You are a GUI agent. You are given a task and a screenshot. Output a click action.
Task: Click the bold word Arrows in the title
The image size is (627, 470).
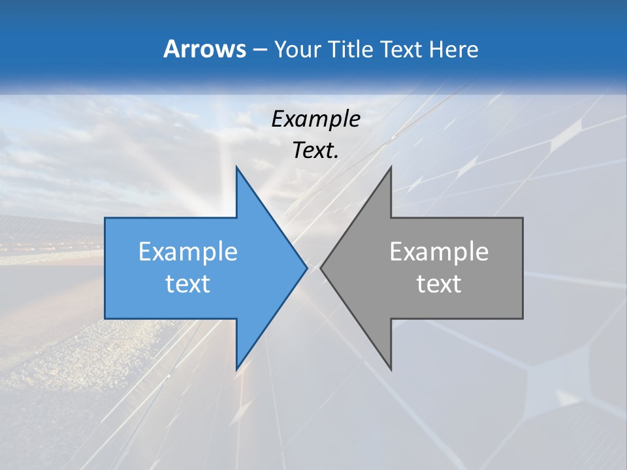tap(204, 49)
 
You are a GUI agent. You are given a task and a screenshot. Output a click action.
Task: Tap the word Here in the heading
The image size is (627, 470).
tap(453, 50)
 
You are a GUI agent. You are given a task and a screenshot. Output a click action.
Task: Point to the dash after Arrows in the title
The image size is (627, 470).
tap(259, 50)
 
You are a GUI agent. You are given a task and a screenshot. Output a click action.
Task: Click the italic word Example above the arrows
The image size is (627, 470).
tap(316, 119)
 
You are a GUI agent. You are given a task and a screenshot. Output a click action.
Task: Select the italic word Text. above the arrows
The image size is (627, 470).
tap(316, 151)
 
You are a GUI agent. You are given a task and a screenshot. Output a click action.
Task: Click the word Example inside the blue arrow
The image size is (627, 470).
tap(188, 252)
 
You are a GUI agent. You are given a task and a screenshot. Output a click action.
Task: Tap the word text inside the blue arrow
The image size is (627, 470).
tap(188, 284)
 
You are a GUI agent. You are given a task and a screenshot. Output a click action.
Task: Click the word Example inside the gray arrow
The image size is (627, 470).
tap(439, 252)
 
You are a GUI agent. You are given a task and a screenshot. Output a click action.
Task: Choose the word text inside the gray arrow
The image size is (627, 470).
tap(439, 284)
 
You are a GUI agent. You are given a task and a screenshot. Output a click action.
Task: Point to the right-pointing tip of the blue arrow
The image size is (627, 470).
tap(306, 268)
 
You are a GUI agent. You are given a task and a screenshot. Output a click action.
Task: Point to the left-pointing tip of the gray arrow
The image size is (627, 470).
tap(321, 268)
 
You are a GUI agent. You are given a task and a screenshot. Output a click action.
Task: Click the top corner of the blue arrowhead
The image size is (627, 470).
tap(236, 167)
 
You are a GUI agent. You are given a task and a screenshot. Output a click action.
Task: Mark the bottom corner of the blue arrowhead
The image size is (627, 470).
tap(236, 369)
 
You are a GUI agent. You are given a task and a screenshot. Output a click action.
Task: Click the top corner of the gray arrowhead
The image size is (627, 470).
tap(391, 167)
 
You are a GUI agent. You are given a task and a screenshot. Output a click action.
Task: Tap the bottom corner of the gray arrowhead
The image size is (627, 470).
tap(391, 369)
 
